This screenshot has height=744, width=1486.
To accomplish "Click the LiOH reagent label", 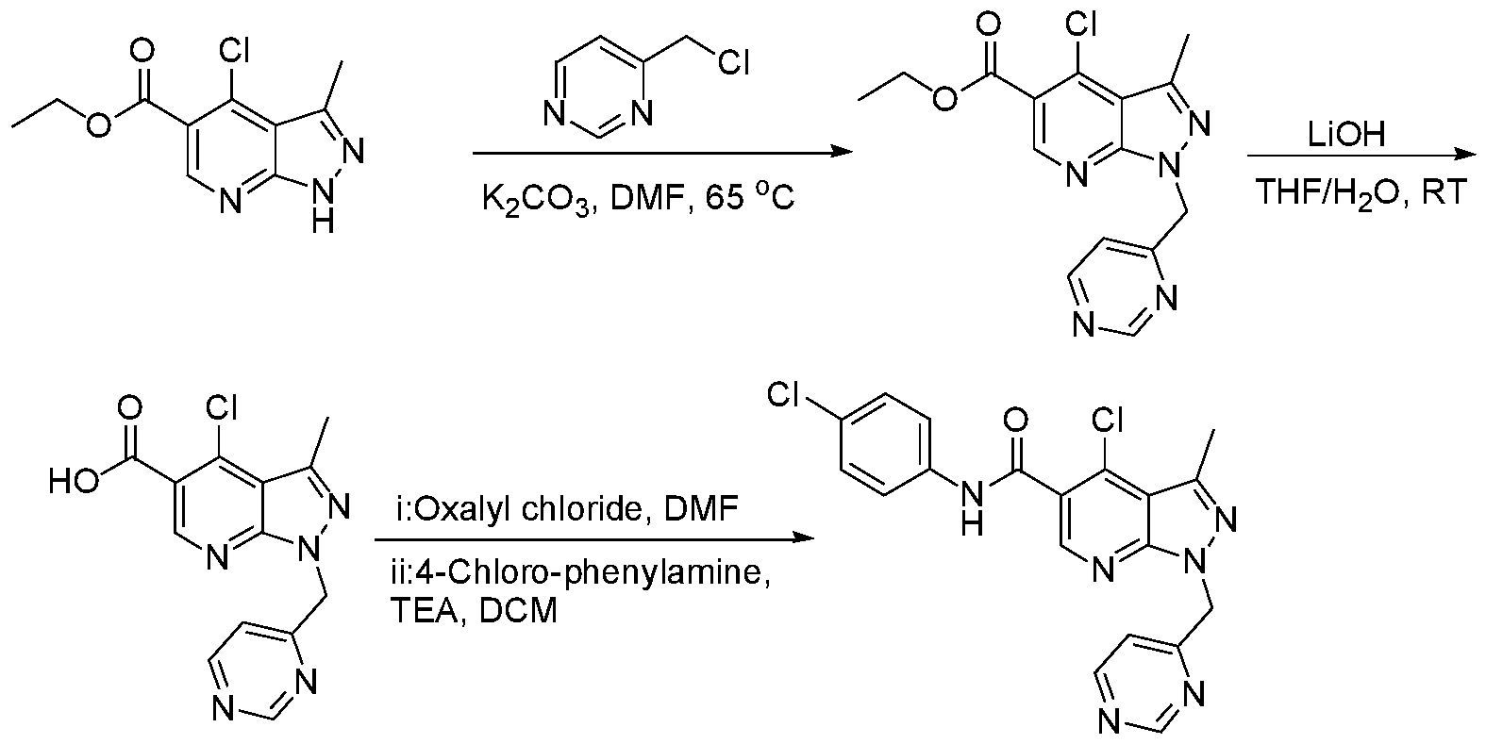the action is coord(1346,135).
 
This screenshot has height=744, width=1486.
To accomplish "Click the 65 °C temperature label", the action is coord(750,198).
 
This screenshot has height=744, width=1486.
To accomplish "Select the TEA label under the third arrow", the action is coord(424,611).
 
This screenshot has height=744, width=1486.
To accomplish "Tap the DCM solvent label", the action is coord(518,611).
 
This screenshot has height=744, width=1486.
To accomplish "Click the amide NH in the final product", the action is coord(972,508).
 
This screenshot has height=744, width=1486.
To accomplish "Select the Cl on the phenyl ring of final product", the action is coord(783,396).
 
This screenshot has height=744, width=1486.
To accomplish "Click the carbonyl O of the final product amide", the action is coord(1015,420).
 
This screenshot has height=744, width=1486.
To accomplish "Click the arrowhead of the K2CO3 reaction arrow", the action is coord(842,153).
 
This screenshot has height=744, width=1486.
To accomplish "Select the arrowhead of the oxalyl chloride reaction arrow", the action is coord(803,538).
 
